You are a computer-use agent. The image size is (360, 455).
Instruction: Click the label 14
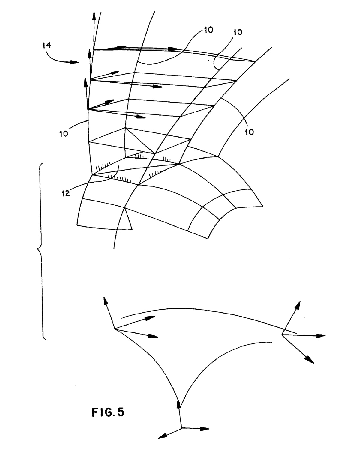[x=47, y=45]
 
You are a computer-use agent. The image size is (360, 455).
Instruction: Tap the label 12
[x=66, y=193]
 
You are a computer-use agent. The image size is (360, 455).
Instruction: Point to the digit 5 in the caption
[x=121, y=412]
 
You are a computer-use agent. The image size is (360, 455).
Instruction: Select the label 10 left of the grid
[x=64, y=134]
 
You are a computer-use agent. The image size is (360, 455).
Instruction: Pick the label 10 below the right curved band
[x=249, y=132]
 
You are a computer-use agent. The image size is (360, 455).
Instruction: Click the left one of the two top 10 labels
[x=209, y=30]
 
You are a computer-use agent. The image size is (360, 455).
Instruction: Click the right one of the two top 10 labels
[x=238, y=32]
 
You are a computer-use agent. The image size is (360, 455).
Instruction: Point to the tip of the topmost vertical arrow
[x=94, y=12]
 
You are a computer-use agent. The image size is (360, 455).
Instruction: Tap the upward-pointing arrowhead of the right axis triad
[x=298, y=305]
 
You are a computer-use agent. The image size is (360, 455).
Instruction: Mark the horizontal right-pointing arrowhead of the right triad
[x=321, y=335]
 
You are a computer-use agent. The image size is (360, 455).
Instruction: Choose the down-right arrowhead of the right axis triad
[x=309, y=359]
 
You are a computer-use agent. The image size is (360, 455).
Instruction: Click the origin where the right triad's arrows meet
[x=282, y=335]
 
